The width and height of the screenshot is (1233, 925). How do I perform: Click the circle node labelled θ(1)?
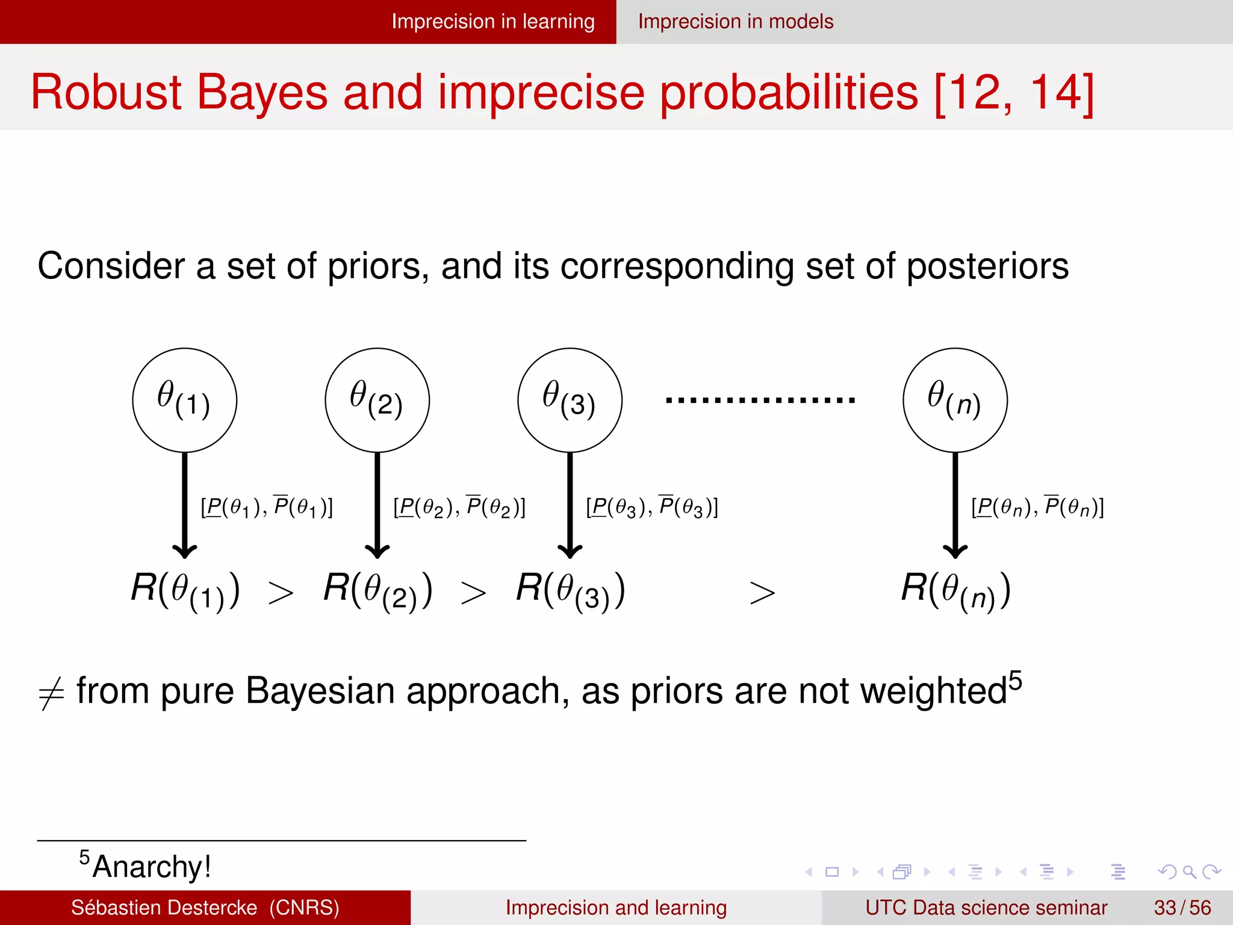(184, 400)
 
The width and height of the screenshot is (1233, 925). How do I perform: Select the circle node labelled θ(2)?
(377, 400)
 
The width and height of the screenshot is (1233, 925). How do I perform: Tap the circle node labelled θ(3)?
(570, 400)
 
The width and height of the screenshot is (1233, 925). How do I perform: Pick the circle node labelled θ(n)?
(955, 400)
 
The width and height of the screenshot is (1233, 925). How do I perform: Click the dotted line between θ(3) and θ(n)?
(760, 400)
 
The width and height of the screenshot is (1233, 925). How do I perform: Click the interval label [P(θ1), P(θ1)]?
(267, 507)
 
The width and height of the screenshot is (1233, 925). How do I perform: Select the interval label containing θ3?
(652, 507)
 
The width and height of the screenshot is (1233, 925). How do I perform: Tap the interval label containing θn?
(1037, 507)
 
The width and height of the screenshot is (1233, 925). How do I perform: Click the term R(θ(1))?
(185, 590)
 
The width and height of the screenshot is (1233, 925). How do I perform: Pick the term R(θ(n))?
(955, 590)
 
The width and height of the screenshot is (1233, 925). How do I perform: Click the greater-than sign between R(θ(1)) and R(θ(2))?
(281, 594)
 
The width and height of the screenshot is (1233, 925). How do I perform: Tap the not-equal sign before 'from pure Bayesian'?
(51, 694)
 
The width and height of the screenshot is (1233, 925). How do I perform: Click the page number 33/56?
(1182, 908)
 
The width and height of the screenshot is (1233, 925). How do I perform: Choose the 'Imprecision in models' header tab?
(736, 22)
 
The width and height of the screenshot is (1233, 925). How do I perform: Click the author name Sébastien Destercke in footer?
(164, 908)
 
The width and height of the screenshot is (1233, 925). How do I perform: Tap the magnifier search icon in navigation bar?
(1189, 871)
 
